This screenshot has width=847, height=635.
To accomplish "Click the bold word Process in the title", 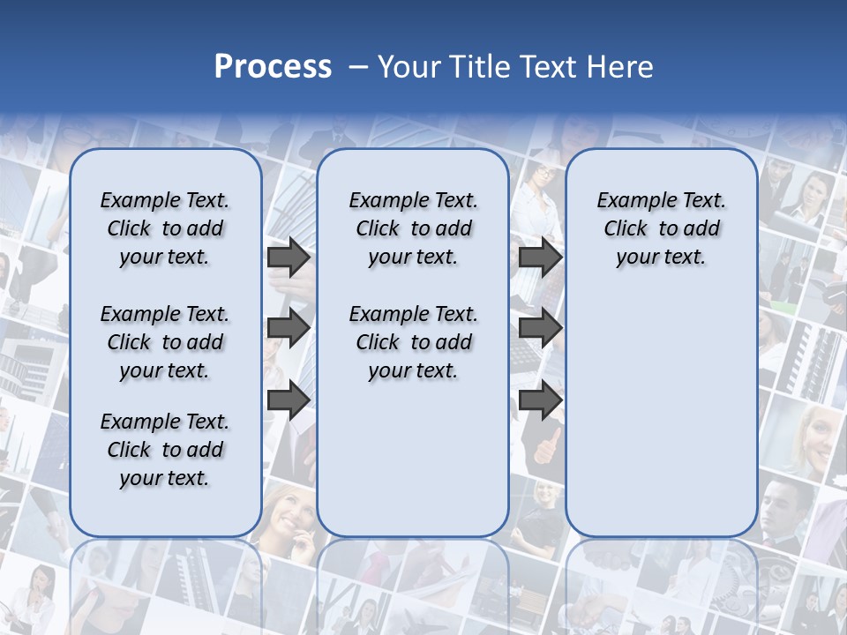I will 273,67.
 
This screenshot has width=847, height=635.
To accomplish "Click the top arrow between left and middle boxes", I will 289,258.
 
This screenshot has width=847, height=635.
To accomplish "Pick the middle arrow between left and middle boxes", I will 289,328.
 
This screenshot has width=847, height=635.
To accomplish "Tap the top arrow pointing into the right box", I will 540,258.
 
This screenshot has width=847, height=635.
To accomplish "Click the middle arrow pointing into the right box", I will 540,328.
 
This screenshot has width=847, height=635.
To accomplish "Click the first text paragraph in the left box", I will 165,228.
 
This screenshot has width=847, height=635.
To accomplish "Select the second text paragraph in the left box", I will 165,342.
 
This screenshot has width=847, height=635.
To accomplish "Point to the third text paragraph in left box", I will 165,450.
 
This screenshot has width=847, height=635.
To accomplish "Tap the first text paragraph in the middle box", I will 413,228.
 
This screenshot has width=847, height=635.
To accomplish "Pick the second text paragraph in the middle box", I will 413,342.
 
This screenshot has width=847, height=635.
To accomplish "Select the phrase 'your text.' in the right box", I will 661,258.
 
